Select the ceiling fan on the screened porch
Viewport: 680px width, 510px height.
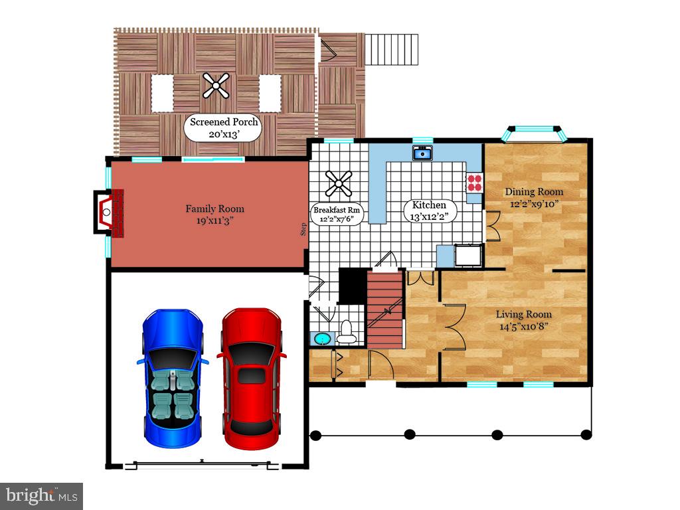point(216,85)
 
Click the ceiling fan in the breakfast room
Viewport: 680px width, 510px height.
point(338,184)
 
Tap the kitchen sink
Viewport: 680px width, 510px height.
point(422,154)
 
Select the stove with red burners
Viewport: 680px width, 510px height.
point(474,183)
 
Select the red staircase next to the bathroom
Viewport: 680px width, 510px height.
point(385,309)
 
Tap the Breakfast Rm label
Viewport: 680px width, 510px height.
point(338,214)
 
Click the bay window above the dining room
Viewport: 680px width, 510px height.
point(535,133)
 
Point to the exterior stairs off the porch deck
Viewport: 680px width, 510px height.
point(394,48)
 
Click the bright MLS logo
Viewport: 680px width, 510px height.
point(41,495)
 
